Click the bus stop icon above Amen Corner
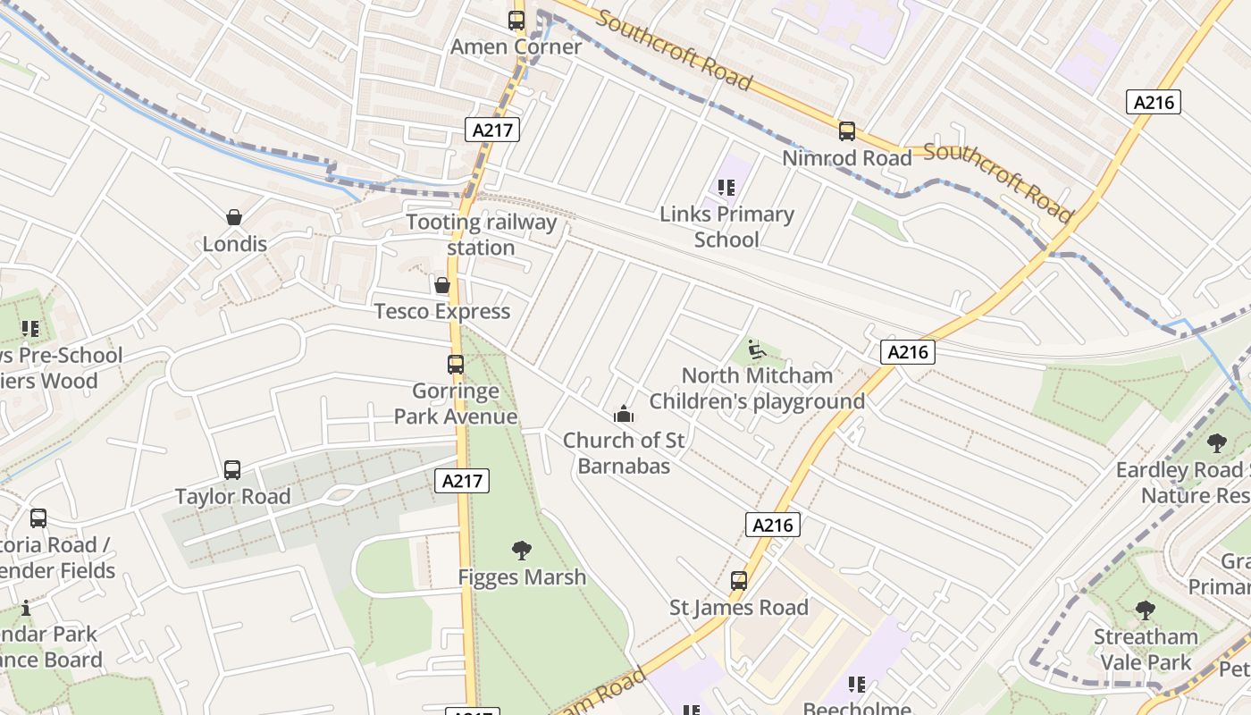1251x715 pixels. [x=516, y=20]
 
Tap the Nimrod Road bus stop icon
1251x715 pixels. [x=846, y=131]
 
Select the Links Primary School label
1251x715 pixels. [x=726, y=227]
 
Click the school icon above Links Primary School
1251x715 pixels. [x=726, y=188]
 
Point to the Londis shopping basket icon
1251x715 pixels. [x=234, y=217]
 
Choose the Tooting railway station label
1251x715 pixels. [x=481, y=235]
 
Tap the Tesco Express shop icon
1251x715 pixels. [x=441, y=285]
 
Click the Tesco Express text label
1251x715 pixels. [x=441, y=311]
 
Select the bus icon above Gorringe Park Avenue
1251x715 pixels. [x=455, y=365]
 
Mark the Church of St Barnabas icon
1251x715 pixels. [x=623, y=414]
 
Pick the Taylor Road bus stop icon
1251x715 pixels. [x=232, y=470]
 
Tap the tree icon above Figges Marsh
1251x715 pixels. [x=522, y=551]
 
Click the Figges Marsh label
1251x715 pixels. [x=522, y=577]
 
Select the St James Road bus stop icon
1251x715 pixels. [x=738, y=581]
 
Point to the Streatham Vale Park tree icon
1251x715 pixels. [x=1145, y=610]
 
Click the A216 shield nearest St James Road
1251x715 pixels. [x=772, y=525]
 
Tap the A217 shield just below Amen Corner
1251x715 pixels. [x=491, y=130]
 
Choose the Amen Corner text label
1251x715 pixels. [x=516, y=46]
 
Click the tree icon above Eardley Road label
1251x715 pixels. [x=1216, y=442]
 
